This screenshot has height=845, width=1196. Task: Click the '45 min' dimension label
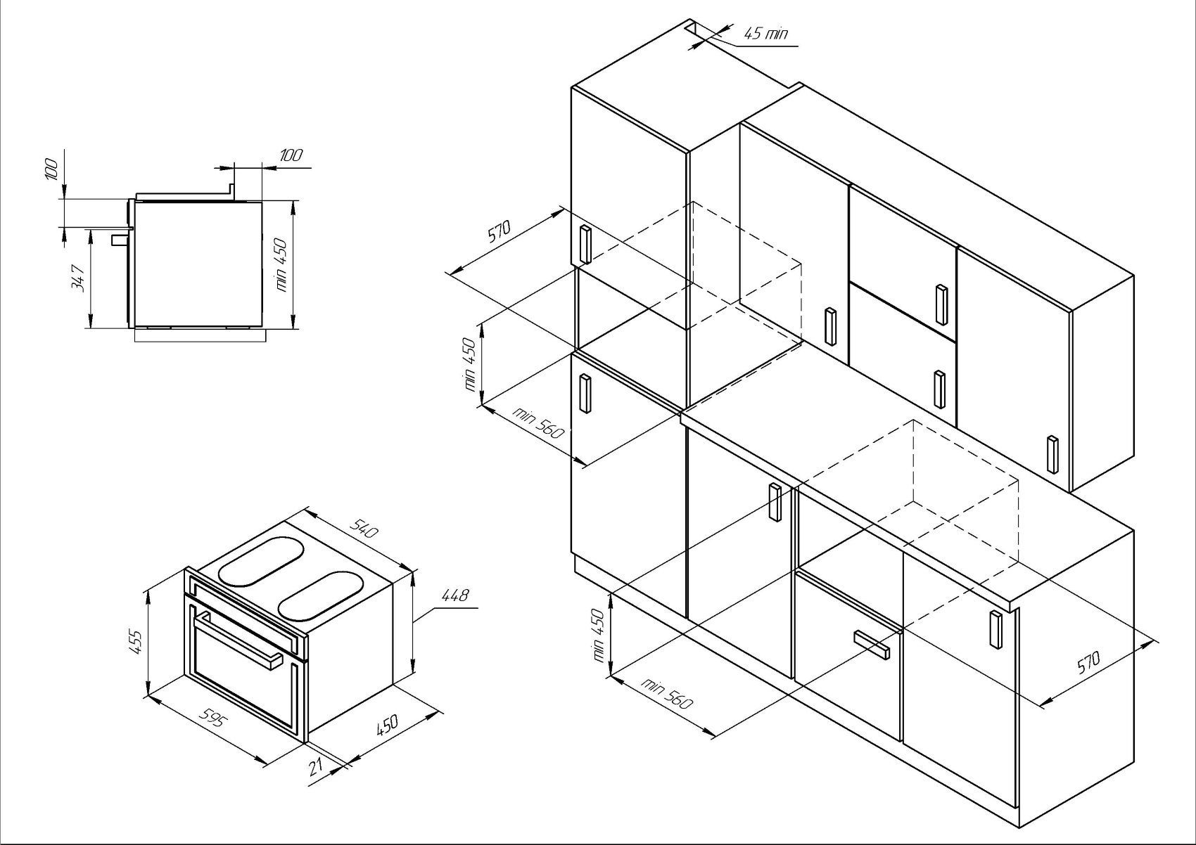(x=765, y=34)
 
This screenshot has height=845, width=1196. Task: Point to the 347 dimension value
(x=78, y=278)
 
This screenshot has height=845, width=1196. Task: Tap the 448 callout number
(x=455, y=595)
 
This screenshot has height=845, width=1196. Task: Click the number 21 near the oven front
(x=316, y=768)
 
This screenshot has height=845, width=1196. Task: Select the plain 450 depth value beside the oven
(x=387, y=725)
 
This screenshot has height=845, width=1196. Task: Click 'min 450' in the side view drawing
(x=282, y=264)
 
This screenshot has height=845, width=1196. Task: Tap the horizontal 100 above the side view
(x=291, y=155)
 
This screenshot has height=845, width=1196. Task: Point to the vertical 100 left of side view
(x=51, y=169)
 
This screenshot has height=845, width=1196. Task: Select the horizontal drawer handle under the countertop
(x=872, y=645)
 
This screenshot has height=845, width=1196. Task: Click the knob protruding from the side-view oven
(x=119, y=240)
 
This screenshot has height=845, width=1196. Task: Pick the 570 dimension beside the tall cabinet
(x=499, y=231)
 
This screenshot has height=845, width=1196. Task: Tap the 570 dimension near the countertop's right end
(x=1088, y=663)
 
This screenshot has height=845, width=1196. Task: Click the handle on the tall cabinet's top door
(x=585, y=245)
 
